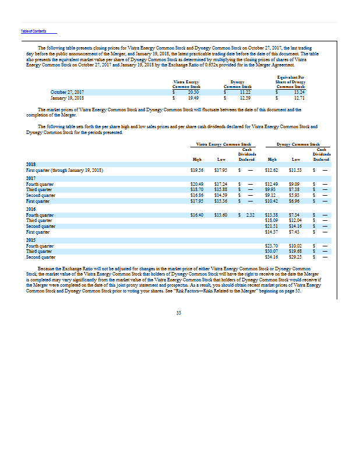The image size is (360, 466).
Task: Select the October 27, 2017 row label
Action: (67, 92)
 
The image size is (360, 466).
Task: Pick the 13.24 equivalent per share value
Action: (299, 92)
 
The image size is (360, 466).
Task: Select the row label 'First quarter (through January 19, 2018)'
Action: (65, 170)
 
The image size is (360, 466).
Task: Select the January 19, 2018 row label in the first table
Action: (67, 97)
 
